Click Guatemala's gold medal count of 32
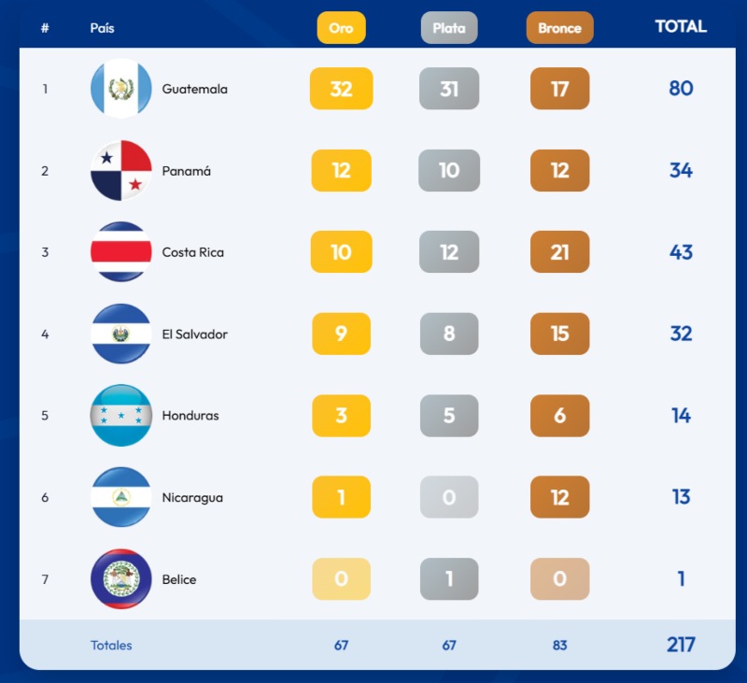pyautogui.click(x=341, y=89)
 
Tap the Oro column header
pyautogui.click(x=341, y=28)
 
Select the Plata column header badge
pyautogui.click(x=449, y=28)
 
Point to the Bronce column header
pyautogui.click(x=559, y=28)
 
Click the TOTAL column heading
pyautogui.click(x=681, y=26)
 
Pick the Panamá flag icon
pyautogui.click(x=121, y=170)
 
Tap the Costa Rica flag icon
pyautogui.click(x=121, y=252)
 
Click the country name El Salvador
pyautogui.click(x=194, y=334)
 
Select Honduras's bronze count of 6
pyautogui.click(x=559, y=416)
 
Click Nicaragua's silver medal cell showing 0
pyautogui.click(x=449, y=497)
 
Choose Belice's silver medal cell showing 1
pyautogui.click(x=449, y=578)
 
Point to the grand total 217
pyautogui.click(x=681, y=645)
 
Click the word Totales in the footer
pyautogui.click(x=111, y=645)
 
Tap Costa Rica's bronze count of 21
pyautogui.click(x=559, y=252)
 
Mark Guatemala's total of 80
pyautogui.click(x=681, y=89)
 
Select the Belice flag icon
pyautogui.click(x=121, y=578)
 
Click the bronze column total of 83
pyautogui.click(x=559, y=645)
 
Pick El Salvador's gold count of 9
pyautogui.click(x=341, y=334)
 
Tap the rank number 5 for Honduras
pyautogui.click(x=45, y=416)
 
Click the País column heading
pyautogui.click(x=102, y=28)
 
